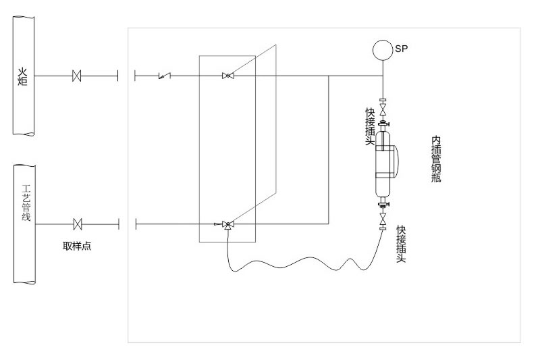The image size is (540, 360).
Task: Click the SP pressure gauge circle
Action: (x=383, y=50)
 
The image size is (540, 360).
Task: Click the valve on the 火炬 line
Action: (x=76, y=76)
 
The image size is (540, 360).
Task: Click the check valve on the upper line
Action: (x=162, y=76)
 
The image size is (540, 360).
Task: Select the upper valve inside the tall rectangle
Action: (x=228, y=76)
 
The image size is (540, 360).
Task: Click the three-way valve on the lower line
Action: (x=227, y=224)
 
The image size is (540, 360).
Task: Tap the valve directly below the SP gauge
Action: (x=383, y=108)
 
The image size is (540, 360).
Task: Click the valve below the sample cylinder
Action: (x=383, y=219)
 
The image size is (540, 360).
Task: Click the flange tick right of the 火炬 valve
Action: (x=118, y=76)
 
